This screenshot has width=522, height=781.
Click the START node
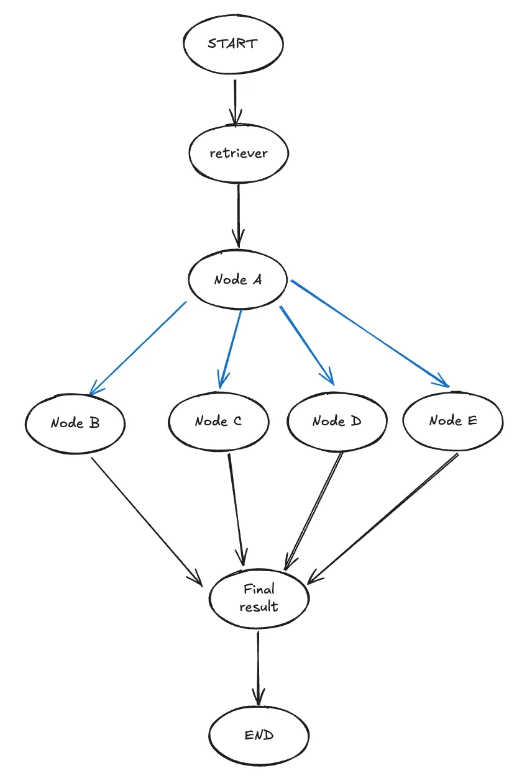coord(233,44)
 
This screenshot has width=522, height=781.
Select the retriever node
coord(239,153)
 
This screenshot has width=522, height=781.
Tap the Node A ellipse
coord(238,280)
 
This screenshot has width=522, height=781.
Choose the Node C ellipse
coord(219,422)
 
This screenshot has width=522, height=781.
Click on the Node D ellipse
coord(337,422)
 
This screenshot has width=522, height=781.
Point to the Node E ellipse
coord(453,421)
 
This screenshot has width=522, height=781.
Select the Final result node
coord(259,597)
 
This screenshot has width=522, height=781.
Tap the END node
coord(259,736)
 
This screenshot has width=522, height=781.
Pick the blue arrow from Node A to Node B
coord(138,348)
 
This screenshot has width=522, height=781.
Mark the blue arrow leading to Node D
coord(307,345)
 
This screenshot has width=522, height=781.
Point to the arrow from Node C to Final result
coord(236,506)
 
